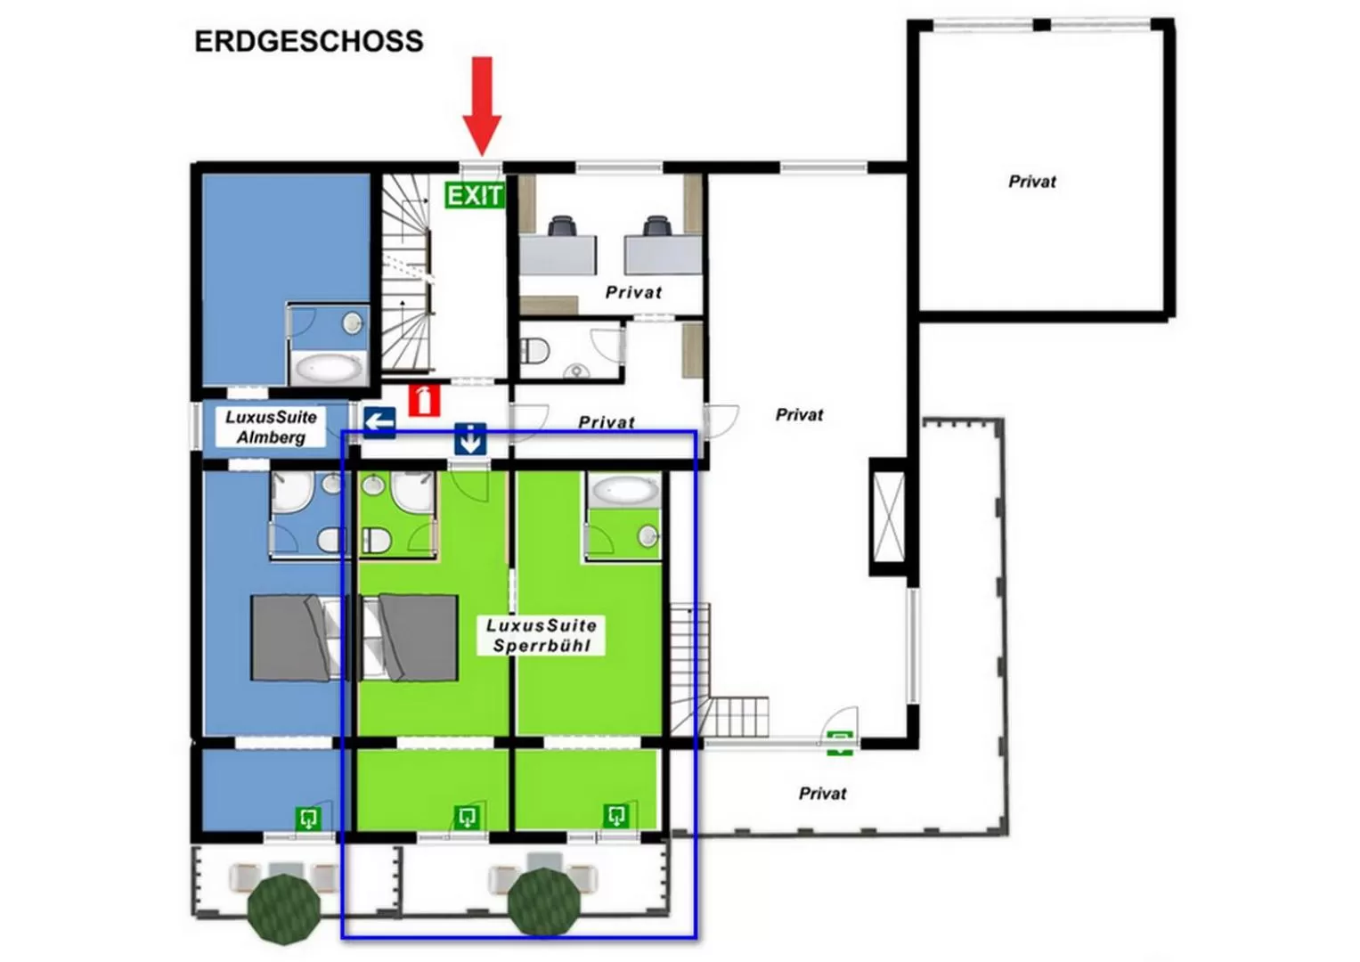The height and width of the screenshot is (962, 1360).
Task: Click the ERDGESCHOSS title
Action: [x=308, y=42]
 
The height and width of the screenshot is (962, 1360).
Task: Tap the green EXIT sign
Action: [x=475, y=195]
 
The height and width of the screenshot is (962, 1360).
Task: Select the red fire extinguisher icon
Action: [x=425, y=400]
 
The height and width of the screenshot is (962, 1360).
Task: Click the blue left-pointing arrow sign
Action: [x=379, y=421]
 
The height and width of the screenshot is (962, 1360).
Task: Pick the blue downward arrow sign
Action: [x=470, y=439]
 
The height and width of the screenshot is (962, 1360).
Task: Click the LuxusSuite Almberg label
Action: [x=271, y=427]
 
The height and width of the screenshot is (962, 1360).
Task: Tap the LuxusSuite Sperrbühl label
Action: [x=542, y=636]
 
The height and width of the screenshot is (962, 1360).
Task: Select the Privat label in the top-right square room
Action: [x=1031, y=182]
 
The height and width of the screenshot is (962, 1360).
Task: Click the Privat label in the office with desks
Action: [x=633, y=292]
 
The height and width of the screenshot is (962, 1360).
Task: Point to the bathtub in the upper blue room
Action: [x=328, y=367]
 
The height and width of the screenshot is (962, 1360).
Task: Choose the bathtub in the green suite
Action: [x=624, y=489]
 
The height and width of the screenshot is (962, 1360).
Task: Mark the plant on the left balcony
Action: [x=284, y=908]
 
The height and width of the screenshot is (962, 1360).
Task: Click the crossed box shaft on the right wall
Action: [x=888, y=517]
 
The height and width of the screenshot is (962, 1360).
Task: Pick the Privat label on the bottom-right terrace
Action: [x=822, y=794]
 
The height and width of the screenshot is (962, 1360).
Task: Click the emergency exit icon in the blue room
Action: [x=308, y=818]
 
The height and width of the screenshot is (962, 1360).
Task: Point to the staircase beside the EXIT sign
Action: [x=408, y=272]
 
